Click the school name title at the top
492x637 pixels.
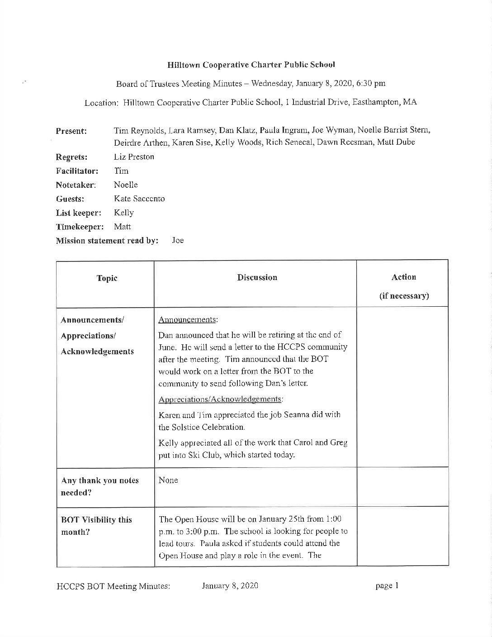pyautogui.click(x=251, y=65)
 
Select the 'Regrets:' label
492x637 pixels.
pyautogui.click(x=71, y=157)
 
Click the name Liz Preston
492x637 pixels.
pyautogui.click(x=134, y=157)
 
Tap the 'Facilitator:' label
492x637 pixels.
pyautogui.click(x=77, y=171)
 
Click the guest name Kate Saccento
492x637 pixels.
pyautogui.click(x=139, y=199)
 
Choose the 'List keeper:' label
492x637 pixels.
pyautogui.click(x=78, y=213)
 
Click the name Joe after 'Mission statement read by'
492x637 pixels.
pyautogui.click(x=178, y=241)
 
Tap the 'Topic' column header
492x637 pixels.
pyautogui.click(x=107, y=278)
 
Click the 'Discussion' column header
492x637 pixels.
pyautogui.click(x=257, y=277)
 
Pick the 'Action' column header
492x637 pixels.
pyautogui.click(x=404, y=277)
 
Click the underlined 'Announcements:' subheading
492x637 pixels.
pyautogui.click(x=188, y=320)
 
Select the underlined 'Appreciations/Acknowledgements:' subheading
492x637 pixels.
pyautogui.click(x=221, y=399)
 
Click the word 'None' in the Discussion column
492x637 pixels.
pyautogui.click(x=168, y=480)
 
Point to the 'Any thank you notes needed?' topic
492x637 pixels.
pyautogui.click(x=99, y=486)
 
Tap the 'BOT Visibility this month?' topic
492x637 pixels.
pyautogui.click(x=96, y=526)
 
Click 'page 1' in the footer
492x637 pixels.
pyautogui.click(x=387, y=586)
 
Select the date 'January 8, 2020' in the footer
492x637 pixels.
pyautogui.click(x=230, y=586)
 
